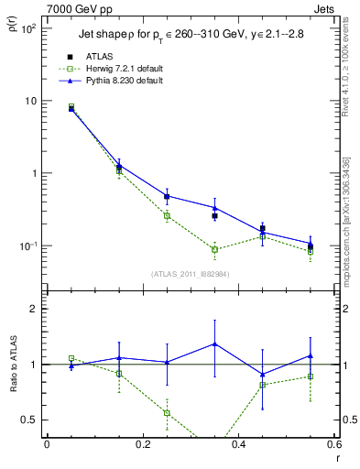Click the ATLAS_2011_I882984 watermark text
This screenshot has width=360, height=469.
point(190,274)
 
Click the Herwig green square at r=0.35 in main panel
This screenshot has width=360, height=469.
point(214,249)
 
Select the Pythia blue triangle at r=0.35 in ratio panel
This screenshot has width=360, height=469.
point(214,344)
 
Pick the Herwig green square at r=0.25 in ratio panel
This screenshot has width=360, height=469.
point(167,413)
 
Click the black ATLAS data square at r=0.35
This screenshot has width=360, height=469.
point(214,216)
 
